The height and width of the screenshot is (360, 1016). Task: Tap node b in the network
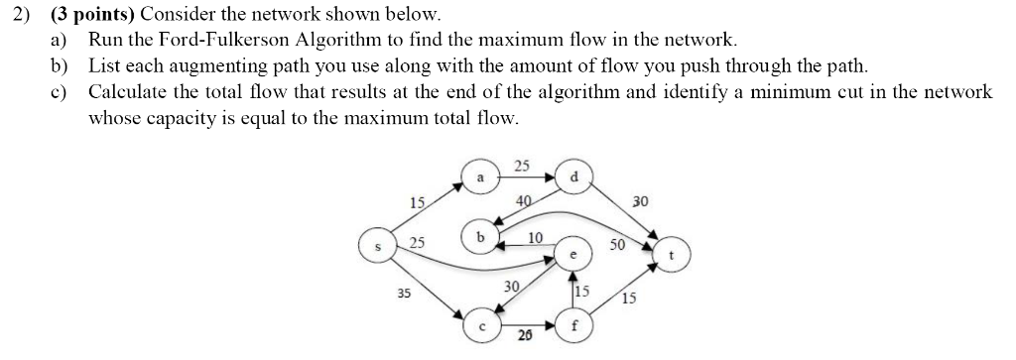tap(480, 239)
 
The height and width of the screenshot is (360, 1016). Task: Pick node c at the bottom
tap(481, 322)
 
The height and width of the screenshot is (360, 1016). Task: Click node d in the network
tap(573, 177)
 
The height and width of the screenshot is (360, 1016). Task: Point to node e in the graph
tap(573, 254)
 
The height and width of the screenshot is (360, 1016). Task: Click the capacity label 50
tap(618, 244)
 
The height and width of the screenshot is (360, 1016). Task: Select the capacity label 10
tap(535, 238)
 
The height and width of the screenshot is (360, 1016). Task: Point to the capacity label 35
tap(404, 294)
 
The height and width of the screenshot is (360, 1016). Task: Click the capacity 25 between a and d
tap(523, 165)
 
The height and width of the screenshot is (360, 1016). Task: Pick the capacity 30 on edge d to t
tap(639, 200)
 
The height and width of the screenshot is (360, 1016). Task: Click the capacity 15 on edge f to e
tap(583, 292)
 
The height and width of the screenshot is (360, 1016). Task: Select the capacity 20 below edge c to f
tap(525, 337)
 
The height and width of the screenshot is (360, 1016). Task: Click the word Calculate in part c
tap(126, 92)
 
